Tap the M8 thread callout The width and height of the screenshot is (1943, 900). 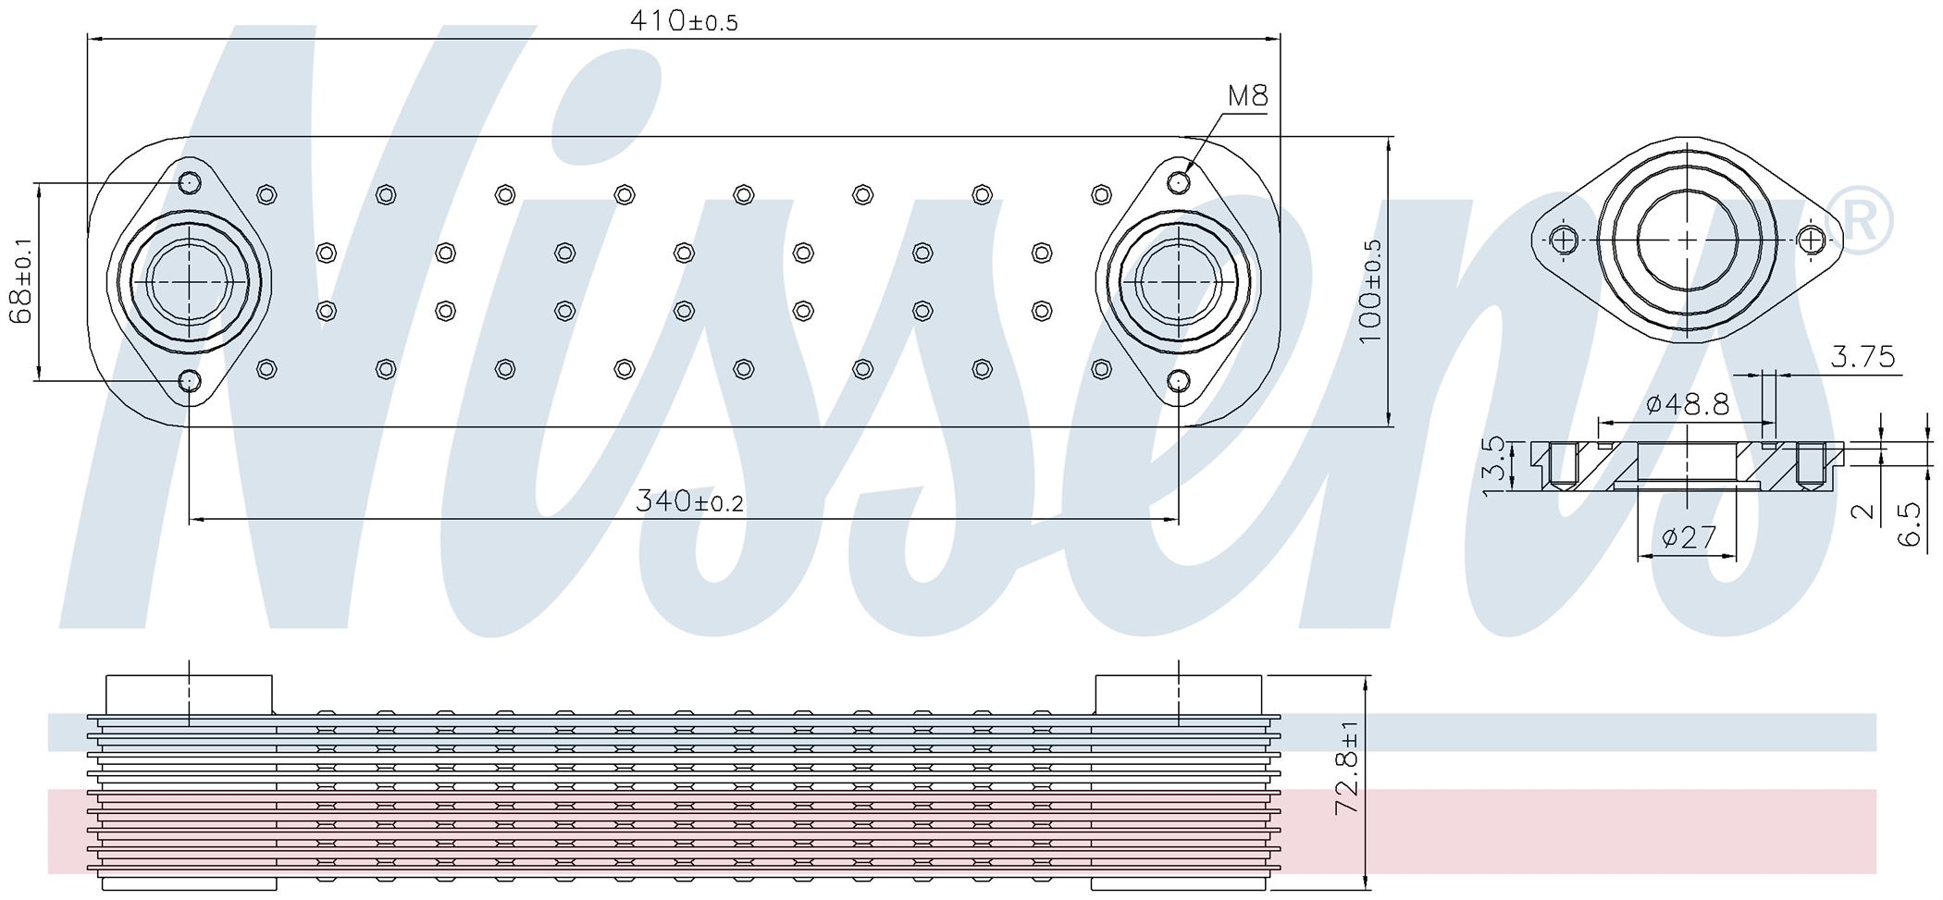1247,95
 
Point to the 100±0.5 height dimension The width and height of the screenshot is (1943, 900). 1371,290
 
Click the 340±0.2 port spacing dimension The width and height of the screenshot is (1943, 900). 689,501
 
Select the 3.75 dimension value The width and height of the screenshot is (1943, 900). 1863,356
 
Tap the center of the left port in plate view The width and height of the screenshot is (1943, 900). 190,281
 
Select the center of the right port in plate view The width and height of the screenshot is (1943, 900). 1178,281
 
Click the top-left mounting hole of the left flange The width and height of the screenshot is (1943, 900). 190,181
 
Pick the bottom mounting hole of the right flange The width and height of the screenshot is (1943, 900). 1178,380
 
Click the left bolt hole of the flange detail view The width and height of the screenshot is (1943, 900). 1564,240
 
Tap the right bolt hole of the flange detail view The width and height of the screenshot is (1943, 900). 1811,240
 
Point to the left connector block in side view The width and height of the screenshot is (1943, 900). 190,695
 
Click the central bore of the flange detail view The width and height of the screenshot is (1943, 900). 1688,240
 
